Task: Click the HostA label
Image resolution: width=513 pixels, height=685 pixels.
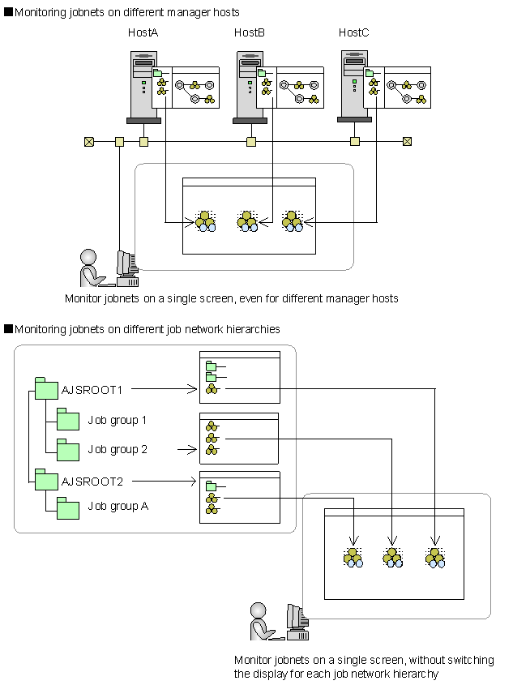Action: (143, 32)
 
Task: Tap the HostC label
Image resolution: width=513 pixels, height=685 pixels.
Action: (354, 32)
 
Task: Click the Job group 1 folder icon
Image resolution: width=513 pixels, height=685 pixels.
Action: (67, 420)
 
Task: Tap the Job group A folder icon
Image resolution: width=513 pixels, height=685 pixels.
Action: (67, 507)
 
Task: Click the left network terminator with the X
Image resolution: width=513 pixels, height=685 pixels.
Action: (89, 142)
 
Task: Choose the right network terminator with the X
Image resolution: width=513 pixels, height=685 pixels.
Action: (407, 142)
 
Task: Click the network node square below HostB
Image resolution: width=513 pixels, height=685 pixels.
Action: (251, 142)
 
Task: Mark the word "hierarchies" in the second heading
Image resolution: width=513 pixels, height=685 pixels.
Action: (254, 329)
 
